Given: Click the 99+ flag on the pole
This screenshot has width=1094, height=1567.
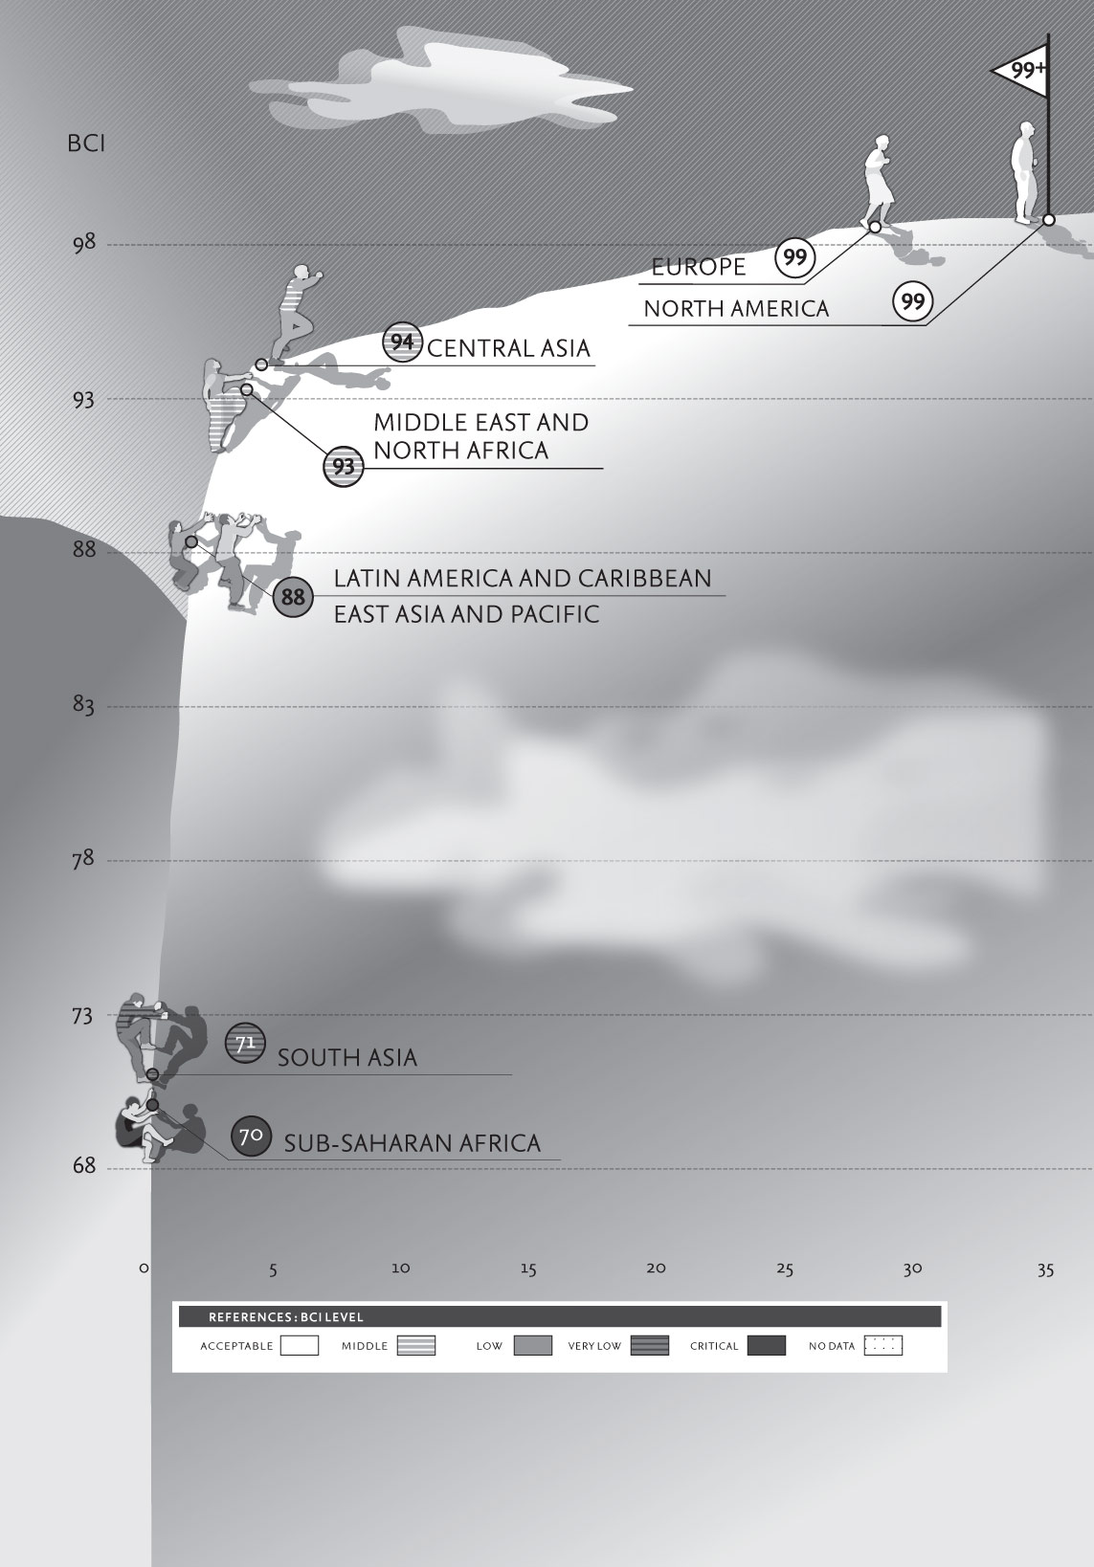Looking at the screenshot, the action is click(x=1023, y=72).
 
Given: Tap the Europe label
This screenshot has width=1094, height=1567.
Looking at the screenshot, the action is click(x=699, y=267).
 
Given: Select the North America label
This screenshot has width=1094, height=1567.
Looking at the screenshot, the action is click(x=736, y=308).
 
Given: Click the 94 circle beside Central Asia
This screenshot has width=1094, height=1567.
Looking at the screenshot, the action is click(x=402, y=342).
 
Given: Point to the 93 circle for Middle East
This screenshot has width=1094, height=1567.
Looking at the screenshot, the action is click(x=343, y=466).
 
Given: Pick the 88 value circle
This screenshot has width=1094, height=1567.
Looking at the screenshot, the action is click(x=293, y=597).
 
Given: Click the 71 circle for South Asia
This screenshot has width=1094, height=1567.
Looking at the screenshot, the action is click(x=245, y=1044).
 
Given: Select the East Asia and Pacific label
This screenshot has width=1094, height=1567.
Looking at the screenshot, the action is click(x=466, y=614).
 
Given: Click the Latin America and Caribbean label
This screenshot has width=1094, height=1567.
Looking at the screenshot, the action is click(x=523, y=579).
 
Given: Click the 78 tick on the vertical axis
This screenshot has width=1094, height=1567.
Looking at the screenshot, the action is click(x=82, y=859).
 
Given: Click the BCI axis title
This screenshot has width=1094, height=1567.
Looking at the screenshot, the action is click(x=86, y=144).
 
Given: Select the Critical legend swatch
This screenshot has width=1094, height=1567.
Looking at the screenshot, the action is click(x=767, y=1345).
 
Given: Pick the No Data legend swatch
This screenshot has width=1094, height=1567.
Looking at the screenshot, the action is click(x=882, y=1345).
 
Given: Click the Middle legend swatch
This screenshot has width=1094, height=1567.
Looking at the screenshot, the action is click(x=415, y=1345).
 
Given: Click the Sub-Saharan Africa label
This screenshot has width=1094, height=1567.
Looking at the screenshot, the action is click(x=413, y=1143).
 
